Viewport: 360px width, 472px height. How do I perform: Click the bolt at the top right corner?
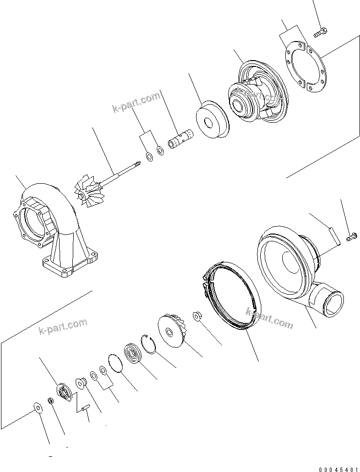[321, 32]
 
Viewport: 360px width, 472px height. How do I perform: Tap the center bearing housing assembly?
[254, 95]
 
